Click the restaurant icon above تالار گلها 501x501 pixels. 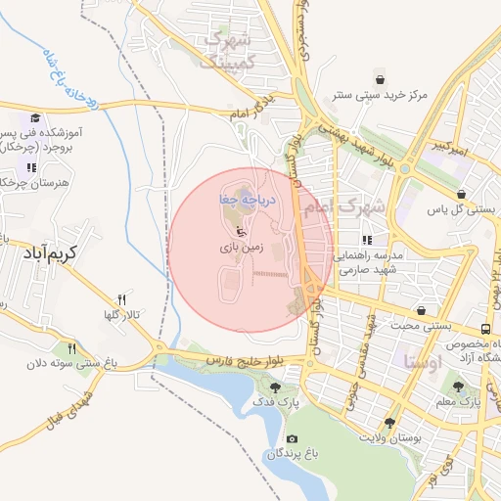pos(122,299)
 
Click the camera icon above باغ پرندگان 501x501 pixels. pos(291,438)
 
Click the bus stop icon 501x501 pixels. pos(486,329)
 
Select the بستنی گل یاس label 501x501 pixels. pos(467,209)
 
